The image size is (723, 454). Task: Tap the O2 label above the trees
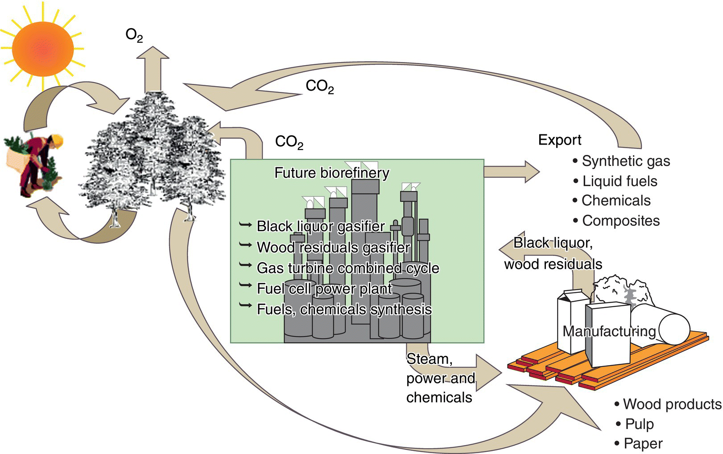(134, 35)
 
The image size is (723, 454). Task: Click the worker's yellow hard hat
(57, 141)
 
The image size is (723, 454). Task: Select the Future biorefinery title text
(331, 173)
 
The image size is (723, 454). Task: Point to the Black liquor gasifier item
(320, 226)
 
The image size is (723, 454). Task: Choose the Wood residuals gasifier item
(333, 247)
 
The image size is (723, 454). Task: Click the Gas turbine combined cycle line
(348, 268)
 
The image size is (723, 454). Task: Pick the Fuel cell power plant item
(324, 288)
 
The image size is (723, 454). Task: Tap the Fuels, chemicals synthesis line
(344, 309)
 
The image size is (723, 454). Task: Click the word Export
(559, 140)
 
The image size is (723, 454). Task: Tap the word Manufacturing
(609, 331)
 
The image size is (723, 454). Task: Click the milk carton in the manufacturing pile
(571, 321)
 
